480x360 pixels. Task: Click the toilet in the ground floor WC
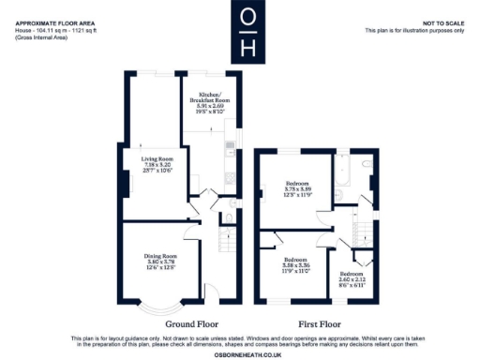point(230,221)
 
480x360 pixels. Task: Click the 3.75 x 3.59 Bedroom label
point(299,189)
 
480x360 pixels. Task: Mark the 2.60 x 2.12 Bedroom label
point(362,277)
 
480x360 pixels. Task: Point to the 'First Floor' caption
point(320,323)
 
